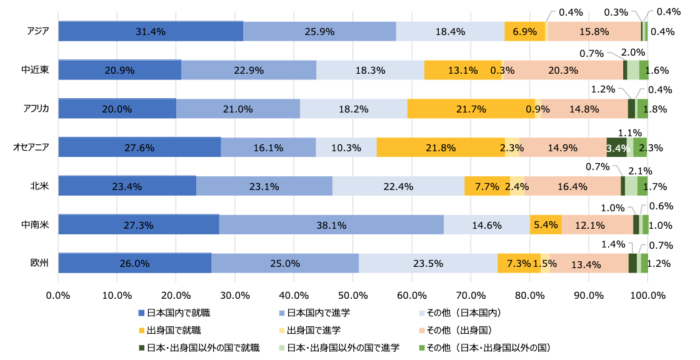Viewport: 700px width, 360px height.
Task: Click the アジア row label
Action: pos(38,31)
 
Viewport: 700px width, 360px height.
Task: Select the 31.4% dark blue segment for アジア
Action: pos(151,31)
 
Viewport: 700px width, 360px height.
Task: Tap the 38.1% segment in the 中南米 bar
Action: pos(331,225)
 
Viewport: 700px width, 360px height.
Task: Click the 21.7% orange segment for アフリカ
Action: pos(471,109)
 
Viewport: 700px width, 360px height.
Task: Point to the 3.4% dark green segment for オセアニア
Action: pos(617,147)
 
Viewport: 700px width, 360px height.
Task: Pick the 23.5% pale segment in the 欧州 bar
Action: pos(428,264)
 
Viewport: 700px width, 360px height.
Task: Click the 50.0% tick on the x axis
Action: pos(352,294)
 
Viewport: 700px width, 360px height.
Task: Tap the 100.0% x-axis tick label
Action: pos(647,294)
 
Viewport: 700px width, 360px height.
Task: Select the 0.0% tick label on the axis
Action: pos(58,294)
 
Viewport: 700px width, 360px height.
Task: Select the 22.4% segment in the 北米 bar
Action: pos(398,186)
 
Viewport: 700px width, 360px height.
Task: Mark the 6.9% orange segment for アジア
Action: pos(525,31)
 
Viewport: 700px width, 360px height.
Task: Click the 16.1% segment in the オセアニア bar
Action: pos(268,147)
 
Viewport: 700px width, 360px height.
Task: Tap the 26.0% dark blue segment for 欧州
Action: pos(134,264)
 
